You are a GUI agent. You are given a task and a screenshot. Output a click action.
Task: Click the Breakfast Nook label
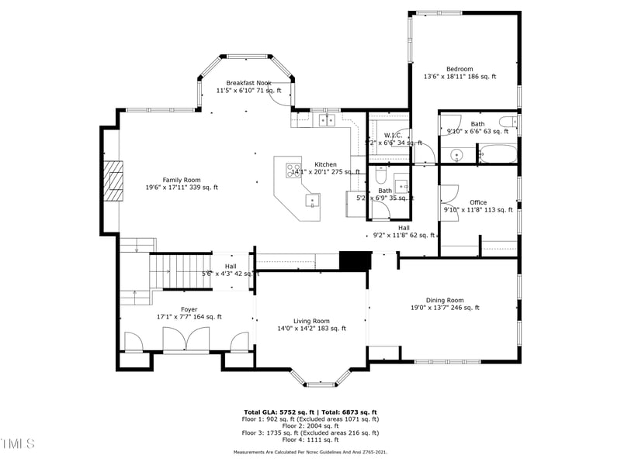click(x=248, y=82)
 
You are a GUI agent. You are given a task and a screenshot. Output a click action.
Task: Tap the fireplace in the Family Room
click(x=116, y=180)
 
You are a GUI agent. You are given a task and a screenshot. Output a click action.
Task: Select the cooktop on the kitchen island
click(x=293, y=169)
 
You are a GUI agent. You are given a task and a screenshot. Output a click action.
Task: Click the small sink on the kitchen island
click(x=314, y=201)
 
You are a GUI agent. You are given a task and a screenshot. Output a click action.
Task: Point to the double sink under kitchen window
click(x=328, y=120)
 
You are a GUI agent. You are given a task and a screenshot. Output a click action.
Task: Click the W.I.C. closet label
click(x=391, y=136)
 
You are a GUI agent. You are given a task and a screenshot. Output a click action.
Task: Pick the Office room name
click(x=477, y=202)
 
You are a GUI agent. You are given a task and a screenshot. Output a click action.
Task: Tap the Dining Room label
click(x=444, y=300)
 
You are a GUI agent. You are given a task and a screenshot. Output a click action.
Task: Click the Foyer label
click(x=167, y=309)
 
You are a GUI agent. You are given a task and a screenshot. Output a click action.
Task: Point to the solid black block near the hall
click(x=354, y=261)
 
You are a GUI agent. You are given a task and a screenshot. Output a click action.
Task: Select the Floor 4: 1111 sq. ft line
click(x=310, y=439)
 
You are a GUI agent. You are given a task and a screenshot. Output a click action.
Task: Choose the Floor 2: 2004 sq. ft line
click(x=310, y=425)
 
